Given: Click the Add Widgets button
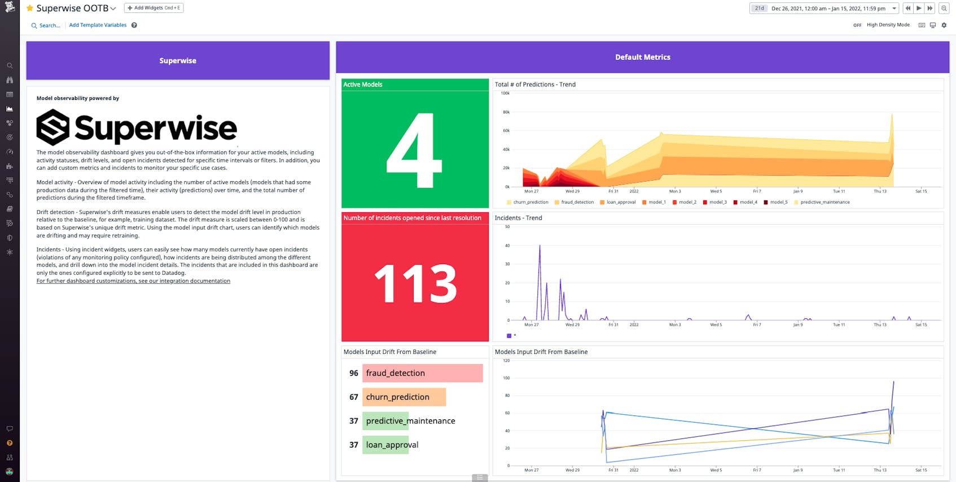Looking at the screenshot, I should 154,8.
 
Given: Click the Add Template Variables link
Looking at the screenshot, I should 98,25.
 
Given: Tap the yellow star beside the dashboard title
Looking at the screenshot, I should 30,8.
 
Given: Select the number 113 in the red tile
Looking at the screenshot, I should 415,283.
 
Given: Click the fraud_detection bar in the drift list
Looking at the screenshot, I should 422,373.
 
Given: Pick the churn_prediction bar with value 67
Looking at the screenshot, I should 404,397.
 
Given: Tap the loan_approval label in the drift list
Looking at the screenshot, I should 392,445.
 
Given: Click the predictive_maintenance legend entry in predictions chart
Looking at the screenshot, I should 824,202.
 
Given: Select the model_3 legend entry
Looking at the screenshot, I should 717,202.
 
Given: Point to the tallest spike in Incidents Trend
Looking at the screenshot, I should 540,246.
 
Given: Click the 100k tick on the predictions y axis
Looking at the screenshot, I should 505,93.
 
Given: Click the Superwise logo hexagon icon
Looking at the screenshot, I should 52,128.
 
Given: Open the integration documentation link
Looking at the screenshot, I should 133,281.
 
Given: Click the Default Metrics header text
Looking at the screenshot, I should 642,57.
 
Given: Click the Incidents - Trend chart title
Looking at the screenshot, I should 518,218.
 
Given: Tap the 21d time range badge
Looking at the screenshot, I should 759,8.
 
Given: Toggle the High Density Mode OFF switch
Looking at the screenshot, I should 857,25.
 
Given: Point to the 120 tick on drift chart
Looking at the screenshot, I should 506,360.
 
